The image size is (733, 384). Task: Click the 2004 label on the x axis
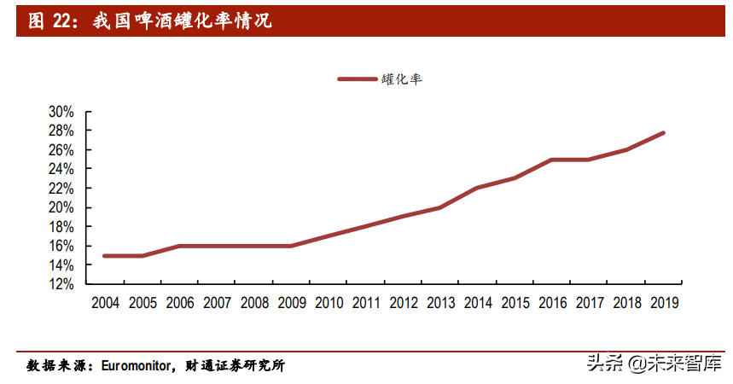(105, 303)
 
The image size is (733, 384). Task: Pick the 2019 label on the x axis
(663, 303)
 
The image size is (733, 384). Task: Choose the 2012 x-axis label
(403, 303)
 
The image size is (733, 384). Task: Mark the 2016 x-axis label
(552, 303)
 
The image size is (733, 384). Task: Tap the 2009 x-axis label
(291, 303)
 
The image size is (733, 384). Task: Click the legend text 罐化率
(401, 79)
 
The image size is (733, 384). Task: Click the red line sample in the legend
(357, 79)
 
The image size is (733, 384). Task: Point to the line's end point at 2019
(663, 133)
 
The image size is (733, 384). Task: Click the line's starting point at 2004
(105, 256)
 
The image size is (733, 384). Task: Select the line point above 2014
(477, 188)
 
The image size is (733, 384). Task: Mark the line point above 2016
(552, 160)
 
